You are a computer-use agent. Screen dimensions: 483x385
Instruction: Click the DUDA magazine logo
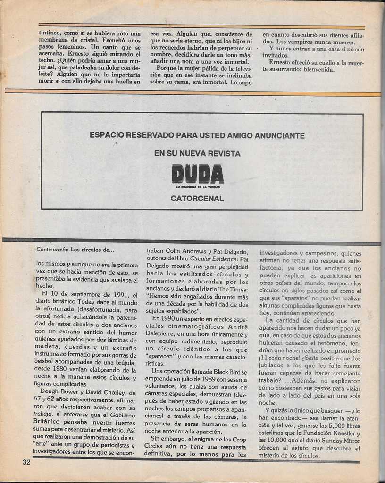click(197, 174)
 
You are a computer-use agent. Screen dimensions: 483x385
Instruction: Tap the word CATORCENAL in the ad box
click(197, 199)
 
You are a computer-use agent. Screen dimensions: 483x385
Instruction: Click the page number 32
click(26, 462)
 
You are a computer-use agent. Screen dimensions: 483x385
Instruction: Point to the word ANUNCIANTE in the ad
click(280, 135)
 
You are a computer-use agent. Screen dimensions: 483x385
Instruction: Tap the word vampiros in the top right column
click(306, 42)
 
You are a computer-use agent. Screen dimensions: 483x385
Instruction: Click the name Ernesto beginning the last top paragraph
click(282, 62)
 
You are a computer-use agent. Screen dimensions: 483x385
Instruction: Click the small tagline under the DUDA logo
click(197, 187)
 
